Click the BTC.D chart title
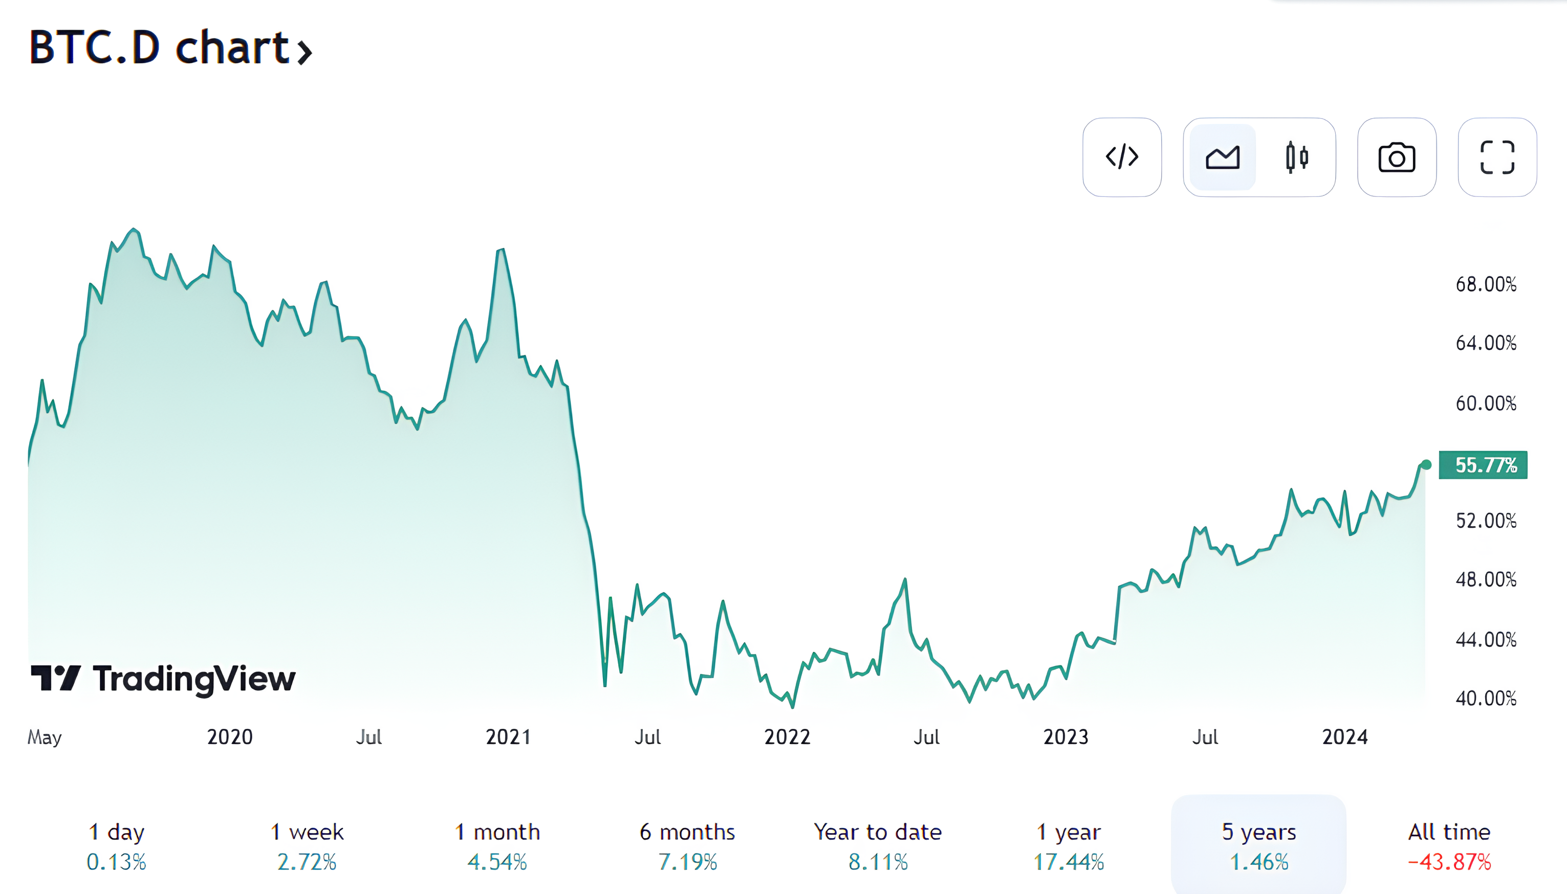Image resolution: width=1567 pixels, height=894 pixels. pyautogui.click(x=170, y=48)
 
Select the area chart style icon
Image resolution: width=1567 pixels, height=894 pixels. pyautogui.click(x=1223, y=157)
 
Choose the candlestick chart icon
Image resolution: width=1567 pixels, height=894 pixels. pyautogui.click(x=1297, y=157)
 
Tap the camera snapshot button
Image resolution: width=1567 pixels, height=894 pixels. pyautogui.click(x=1396, y=157)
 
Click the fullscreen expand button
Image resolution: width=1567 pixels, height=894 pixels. pyautogui.click(x=1497, y=157)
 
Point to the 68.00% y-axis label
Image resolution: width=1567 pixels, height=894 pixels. pyautogui.click(x=1485, y=284)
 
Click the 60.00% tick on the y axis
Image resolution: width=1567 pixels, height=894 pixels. pyautogui.click(x=1485, y=404)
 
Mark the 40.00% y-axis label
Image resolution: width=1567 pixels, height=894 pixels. pyautogui.click(x=1485, y=698)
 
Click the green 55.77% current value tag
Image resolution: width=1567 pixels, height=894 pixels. pyautogui.click(x=1483, y=465)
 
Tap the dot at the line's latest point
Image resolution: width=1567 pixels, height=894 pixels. pyautogui.click(x=1426, y=465)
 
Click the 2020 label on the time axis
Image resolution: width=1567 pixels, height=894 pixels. pyautogui.click(x=230, y=737)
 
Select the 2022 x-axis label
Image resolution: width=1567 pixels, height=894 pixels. pyautogui.click(x=787, y=737)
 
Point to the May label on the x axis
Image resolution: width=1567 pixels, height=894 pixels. pyautogui.click(x=44, y=737)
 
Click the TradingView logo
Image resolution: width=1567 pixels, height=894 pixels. pyautogui.click(x=163, y=679)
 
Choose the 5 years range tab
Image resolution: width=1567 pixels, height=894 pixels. pyautogui.click(x=1258, y=845)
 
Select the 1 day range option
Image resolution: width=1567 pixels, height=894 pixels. pyautogui.click(x=116, y=845)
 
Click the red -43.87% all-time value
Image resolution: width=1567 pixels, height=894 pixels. pyautogui.click(x=1449, y=862)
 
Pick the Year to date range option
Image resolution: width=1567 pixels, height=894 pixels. pyautogui.click(x=878, y=845)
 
